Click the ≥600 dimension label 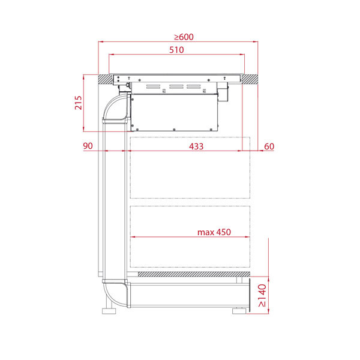pos(184,37)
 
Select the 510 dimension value pos(176,50)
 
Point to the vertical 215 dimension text pos(78,103)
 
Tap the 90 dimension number pos(88,146)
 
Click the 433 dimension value pos(196,146)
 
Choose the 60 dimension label pos(269,146)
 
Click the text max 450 pos(214,232)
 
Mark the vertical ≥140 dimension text pos(262,295)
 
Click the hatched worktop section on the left pos(106,79)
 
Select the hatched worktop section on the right pos(250,79)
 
